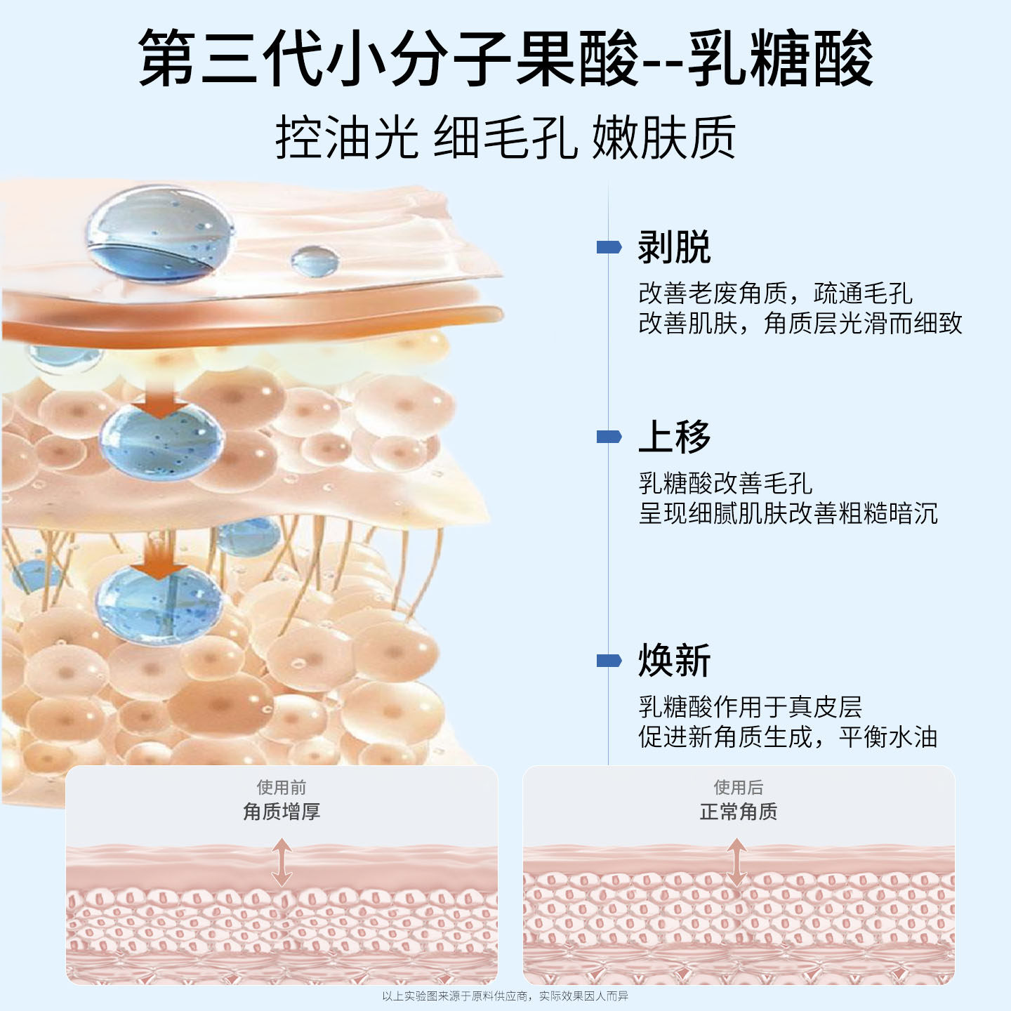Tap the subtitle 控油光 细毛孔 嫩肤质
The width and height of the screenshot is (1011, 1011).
[505, 138]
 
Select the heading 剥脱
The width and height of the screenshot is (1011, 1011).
[674, 247]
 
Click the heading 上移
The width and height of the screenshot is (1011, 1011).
[674, 437]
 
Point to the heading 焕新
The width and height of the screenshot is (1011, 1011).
[674, 660]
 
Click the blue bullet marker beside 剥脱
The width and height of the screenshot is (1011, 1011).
[609, 247]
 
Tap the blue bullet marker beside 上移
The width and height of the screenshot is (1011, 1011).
[609, 437]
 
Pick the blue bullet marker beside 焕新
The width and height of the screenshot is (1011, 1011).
[609, 661]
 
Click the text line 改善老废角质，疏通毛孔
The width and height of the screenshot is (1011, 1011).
[775, 293]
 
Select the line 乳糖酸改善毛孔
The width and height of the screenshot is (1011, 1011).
[725, 483]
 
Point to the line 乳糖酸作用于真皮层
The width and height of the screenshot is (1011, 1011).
[750, 706]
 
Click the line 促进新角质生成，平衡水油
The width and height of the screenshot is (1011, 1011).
[788, 736]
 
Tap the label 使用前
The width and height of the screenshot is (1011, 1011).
[282, 787]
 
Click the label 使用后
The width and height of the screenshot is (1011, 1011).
[739, 787]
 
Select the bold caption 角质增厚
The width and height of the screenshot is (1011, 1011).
[282, 812]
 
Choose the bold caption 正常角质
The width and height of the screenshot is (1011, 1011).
[739, 812]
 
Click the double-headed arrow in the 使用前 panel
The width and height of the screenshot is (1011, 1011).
[282, 864]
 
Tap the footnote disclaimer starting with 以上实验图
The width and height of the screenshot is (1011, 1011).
[505, 996]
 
